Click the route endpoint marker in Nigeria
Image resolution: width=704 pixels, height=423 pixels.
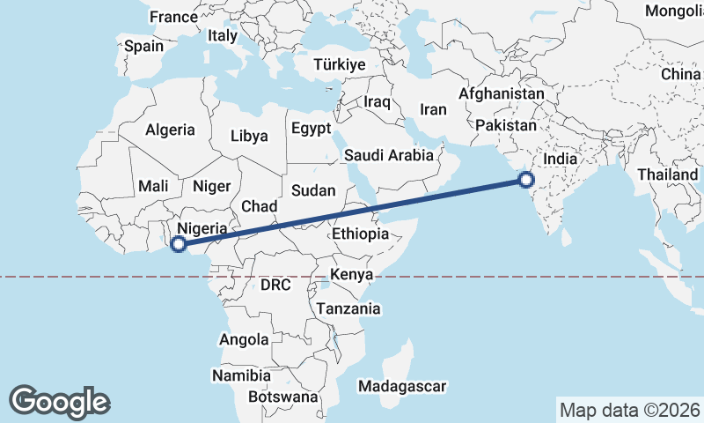pos(178,244)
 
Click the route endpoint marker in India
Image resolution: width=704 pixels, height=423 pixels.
pos(526,181)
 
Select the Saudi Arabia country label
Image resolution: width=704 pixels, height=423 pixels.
pos(389,155)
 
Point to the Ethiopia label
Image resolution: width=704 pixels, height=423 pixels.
pos(361,234)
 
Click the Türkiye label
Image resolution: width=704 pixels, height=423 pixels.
pos(340,65)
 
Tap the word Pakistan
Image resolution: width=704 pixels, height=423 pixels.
pos(505,126)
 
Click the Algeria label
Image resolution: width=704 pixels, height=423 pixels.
pos(170,130)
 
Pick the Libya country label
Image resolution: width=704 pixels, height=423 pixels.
pos(249,136)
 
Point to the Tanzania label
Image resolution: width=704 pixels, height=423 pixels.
pos(349,308)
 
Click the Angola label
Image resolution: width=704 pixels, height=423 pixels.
pos(243,339)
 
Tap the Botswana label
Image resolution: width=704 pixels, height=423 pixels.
pos(282,397)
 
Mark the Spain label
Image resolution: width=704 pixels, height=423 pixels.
pos(143,46)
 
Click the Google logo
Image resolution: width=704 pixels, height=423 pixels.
pos(59,401)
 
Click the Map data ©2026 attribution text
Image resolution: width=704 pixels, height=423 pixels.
pos(629,410)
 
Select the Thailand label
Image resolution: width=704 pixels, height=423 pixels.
pos(668,174)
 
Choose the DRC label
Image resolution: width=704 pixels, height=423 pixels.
pos(275,285)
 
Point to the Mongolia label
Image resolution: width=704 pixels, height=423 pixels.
pos(674,11)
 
